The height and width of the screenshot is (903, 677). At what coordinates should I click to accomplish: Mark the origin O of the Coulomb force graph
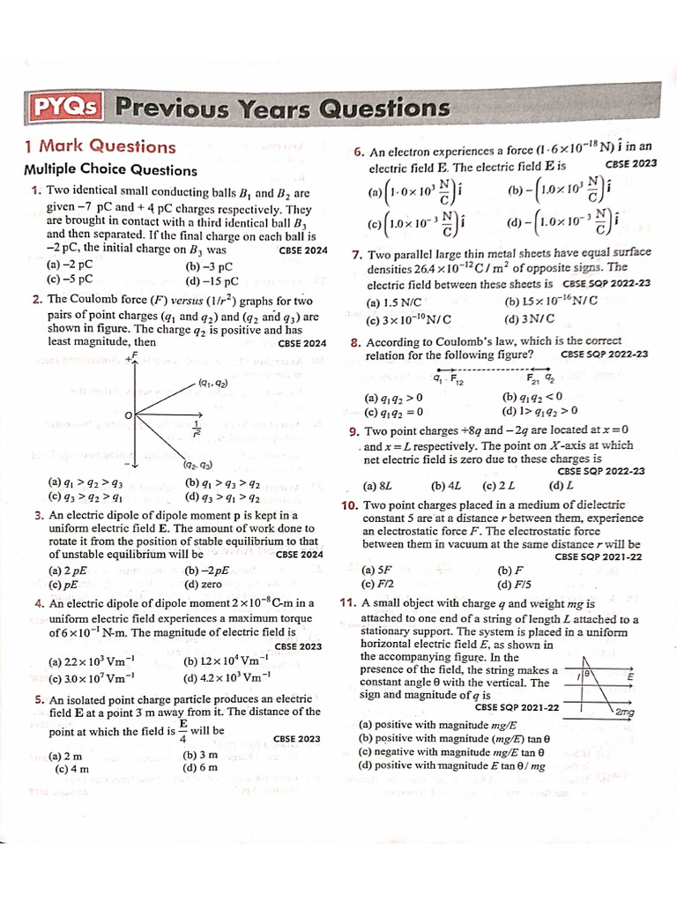(x=128, y=414)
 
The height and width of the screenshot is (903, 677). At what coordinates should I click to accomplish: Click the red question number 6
(x=359, y=152)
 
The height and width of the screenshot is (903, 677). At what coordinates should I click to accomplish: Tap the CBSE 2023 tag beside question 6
(x=631, y=163)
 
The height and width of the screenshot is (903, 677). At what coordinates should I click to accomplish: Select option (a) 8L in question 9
(x=377, y=485)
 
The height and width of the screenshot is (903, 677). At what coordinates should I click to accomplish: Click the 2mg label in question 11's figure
(x=624, y=712)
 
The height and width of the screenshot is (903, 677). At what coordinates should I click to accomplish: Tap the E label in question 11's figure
(x=630, y=676)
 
